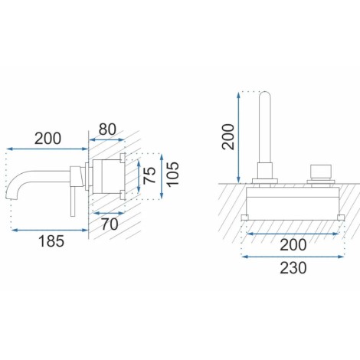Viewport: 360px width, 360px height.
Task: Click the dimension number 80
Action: click(107, 129)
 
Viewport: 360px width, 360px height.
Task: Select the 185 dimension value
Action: click(51, 241)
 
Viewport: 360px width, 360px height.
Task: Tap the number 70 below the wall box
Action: click(110, 224)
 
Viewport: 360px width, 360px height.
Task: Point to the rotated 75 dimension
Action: click(149, 175)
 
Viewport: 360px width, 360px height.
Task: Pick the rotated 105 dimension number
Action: click(173, 174)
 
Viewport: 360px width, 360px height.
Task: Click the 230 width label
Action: click(293, 268)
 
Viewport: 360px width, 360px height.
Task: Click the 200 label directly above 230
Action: click(293, 245)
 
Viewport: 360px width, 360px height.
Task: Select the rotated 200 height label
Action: click(228, 136)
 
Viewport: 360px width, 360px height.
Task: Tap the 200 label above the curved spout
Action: click(47, 139)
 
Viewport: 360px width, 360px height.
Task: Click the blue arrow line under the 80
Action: click(107, 139)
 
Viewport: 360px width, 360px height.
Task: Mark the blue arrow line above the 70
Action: click(110, 212)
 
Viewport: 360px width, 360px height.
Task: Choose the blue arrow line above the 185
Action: click(50, 230)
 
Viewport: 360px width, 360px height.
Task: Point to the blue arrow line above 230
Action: click(293, 257)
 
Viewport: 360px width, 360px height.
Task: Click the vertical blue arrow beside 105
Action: click(162, 176)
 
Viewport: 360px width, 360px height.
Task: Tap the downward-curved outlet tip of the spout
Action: click(9, 197)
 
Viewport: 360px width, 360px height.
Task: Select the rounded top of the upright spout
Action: click(265, 95)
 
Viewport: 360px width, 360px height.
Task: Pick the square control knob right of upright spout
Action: click(321, 171)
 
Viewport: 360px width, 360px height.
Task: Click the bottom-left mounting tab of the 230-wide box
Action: click(245, 218)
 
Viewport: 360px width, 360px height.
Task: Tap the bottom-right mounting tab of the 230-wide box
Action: click(341, 218)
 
